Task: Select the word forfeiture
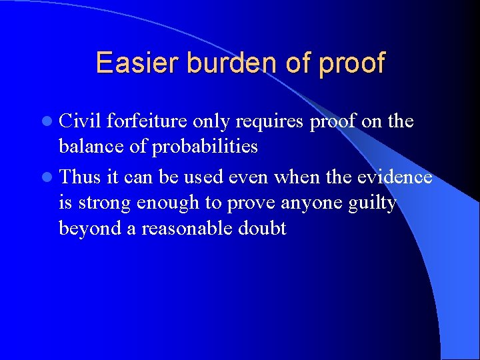[x=147, y=121]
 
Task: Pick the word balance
[x=91, y=146]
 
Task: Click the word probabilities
[x=205, y=147]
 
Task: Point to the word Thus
[x=81, y=177]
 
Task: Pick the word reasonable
[x=185, y=228]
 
